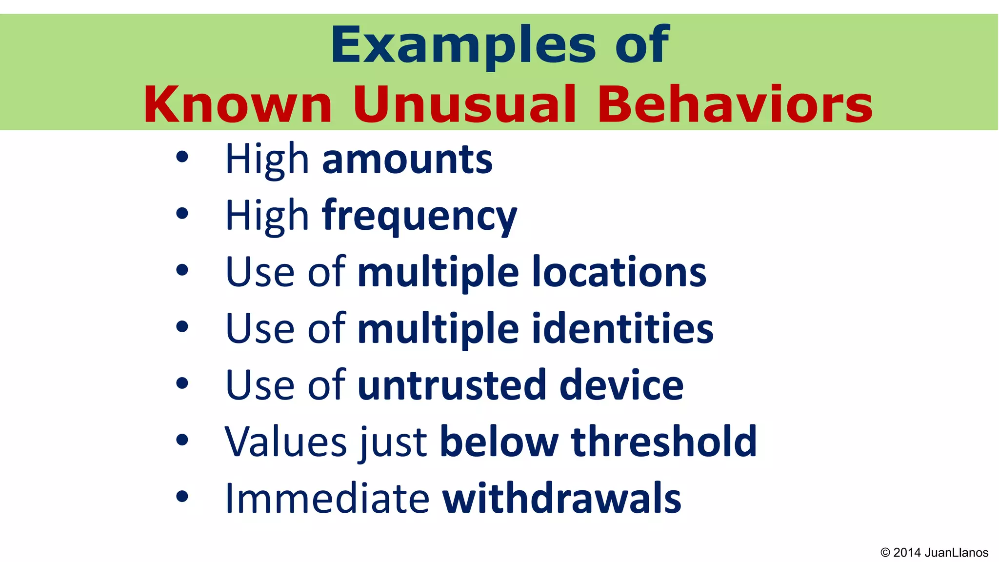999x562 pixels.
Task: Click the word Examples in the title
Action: coord(462,46)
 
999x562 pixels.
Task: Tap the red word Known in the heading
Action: coord(238,105)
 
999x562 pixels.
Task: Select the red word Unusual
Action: coord(465,105)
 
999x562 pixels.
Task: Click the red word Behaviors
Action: coord(735,105)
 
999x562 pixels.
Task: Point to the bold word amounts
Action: coord(407,160)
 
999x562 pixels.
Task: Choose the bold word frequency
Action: coord(420,217)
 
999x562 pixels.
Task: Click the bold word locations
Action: coord(619,273)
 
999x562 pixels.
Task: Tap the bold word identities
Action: coord(622,329)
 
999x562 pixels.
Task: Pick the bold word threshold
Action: coord(664,442)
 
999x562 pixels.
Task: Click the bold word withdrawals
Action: coord(561,499)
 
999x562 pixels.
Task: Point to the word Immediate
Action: coord(327,499)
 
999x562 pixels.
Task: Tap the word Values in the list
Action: coord(286,442)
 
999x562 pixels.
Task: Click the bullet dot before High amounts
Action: coord(182,157)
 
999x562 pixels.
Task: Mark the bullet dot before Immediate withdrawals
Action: coord(182,497)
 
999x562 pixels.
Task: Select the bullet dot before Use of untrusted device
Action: coord(182,383)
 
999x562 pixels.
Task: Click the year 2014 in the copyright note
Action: coord(907,553)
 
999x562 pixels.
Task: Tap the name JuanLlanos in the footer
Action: coord(956,553)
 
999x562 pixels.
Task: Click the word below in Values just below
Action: coord(499,442)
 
